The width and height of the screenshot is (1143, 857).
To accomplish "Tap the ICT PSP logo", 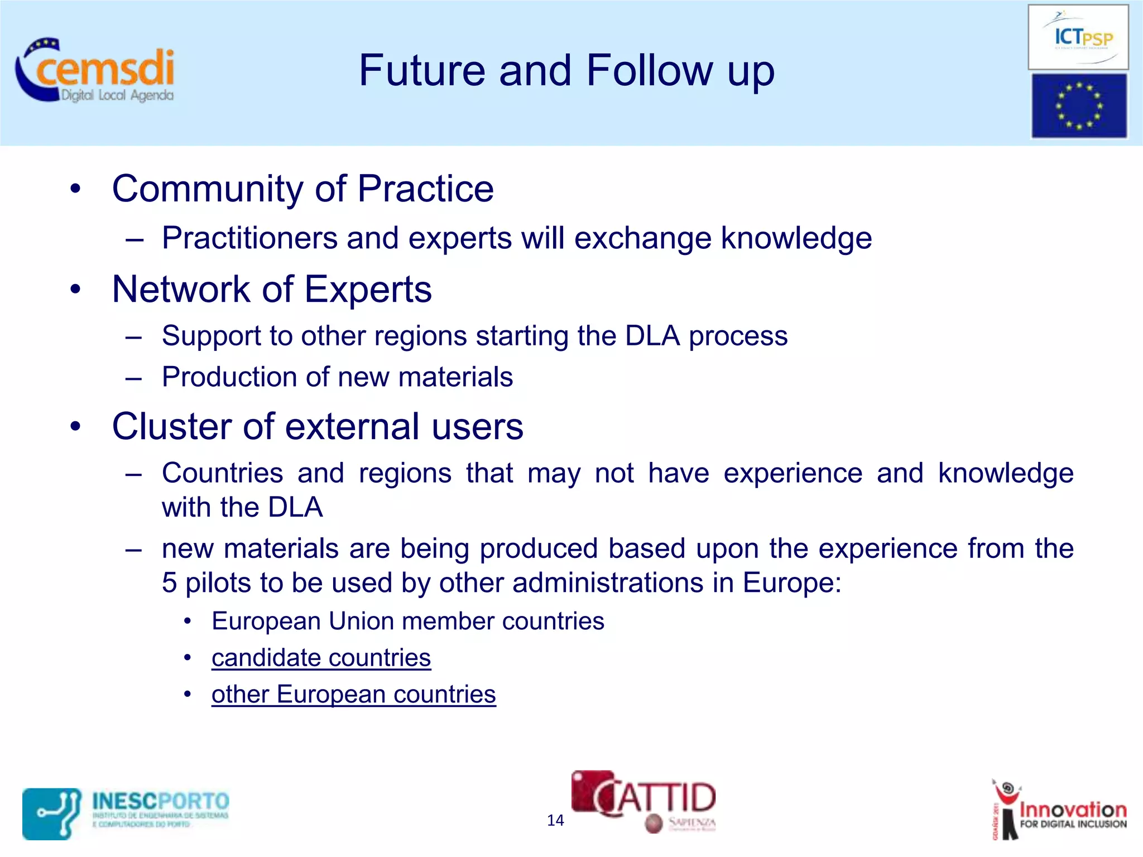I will [x=1078, y=37].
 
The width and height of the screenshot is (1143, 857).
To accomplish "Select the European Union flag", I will [x=1078, y=105].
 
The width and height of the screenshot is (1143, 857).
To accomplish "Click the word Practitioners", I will [x=249, y=238].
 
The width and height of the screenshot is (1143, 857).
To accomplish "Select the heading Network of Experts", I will [x=272, y=290].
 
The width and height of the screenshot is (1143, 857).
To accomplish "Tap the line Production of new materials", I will [x=337, y=377].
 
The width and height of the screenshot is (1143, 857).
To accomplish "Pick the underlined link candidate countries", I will [x=321, y=658].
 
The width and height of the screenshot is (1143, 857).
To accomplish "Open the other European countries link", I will [x=353, y=695].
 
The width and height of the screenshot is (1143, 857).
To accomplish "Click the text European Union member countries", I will [x=407, y=622].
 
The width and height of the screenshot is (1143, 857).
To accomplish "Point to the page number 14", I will [x=555, y=820].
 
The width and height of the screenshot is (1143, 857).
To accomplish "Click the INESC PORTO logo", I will [x=126, y=813].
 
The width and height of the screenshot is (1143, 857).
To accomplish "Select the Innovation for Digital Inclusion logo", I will [x=1059, y=810].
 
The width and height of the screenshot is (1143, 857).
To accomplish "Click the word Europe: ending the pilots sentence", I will [x=791, y=583].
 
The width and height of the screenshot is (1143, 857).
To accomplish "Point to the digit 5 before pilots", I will [x=169, y=583].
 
